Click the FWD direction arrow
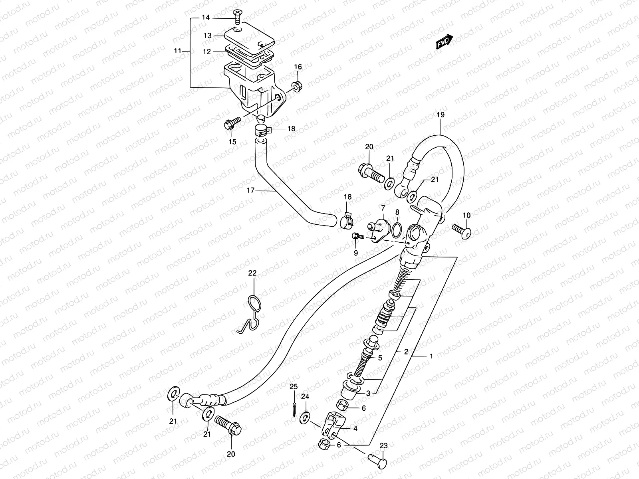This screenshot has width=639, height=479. [x=445, y=42]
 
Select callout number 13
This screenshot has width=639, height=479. [x=207, y=36]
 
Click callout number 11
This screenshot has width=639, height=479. [x=178, y=51]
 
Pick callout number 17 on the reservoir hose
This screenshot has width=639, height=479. [x=250, y=190]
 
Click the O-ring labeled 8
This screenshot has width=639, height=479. [x=397, y=230]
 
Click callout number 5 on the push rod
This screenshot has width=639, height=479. [x=380, y=358]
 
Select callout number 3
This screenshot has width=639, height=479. [x=368, y=394]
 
